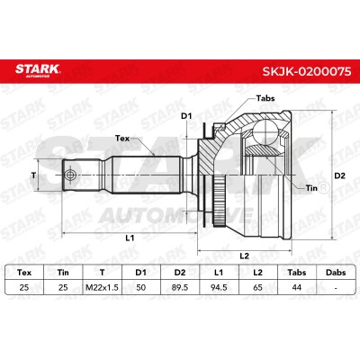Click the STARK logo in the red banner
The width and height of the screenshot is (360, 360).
pyautogui.click(x=38, y=70)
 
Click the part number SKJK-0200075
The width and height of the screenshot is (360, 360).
pyautogui.click(x=307, y=71)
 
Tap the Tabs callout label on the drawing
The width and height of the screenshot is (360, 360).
pyautogui.click(x=265, y=98)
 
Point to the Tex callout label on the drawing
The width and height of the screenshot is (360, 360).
pyautogui.click(x=122, y=139)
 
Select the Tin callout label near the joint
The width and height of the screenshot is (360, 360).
pyautogui.click(x=311, y=188)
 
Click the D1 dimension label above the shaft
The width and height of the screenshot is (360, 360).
pyautogui.click(x=186, y=116)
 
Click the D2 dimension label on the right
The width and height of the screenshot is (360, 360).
pyautogui.click(x=340, y=175)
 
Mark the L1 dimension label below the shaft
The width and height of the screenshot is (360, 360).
pyautogui.click(x=130, y=238)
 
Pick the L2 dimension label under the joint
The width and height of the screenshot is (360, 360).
pyautogui.click(x=245, y=256)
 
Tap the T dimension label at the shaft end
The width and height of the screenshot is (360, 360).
pyautogui.click(x=33, y=175)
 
